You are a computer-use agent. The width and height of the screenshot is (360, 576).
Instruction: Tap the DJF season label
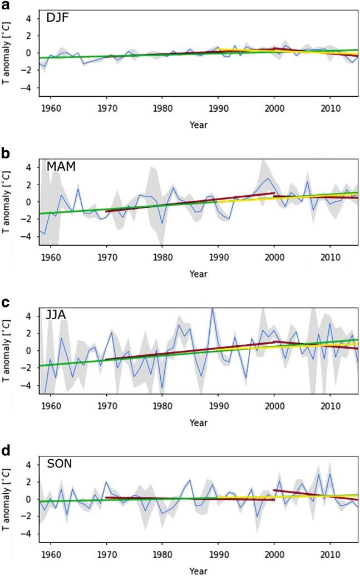[x=57, y=20]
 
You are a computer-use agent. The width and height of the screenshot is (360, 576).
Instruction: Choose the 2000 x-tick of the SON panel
[x=274, y=555]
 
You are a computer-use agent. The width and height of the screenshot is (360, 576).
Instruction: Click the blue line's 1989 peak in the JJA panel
[x=212, y=309]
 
